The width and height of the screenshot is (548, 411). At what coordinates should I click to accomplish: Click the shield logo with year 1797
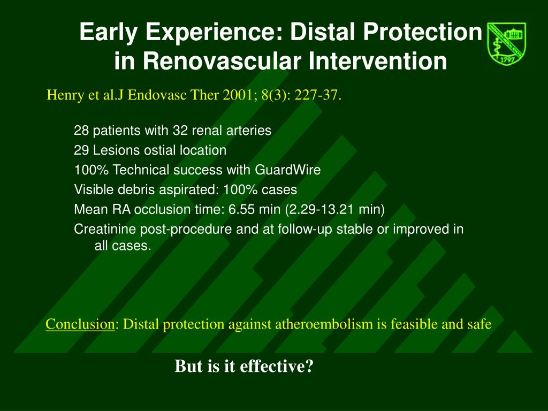point(506,44)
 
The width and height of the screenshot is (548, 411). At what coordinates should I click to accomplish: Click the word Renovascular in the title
point(222,61)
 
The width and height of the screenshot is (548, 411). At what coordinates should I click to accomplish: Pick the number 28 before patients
point(81,131)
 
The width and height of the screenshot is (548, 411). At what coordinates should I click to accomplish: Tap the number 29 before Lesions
point(81,150)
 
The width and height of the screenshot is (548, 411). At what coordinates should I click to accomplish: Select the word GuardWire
point(287,170)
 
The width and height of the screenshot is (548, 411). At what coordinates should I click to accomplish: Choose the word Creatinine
point(105,229)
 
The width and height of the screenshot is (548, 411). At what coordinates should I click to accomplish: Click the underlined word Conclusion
point(80,324)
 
